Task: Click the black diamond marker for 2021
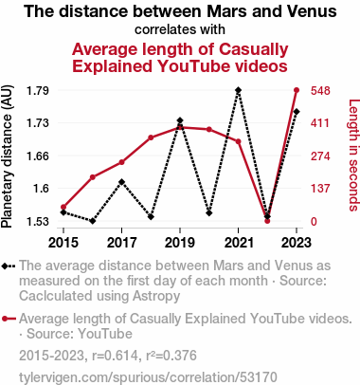click(238, 90)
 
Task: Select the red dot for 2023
click(297, 90)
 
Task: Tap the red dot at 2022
click(267, 221)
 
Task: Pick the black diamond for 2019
click(180, 120)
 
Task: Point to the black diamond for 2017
click(121, 182)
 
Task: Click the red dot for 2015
click(63, 207)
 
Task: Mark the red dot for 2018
click(151, 137)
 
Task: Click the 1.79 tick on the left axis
click(38, 91)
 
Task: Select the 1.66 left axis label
click(38, 156)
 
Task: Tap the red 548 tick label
click(320, 91)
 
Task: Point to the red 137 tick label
click(320, 189)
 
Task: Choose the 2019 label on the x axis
click(180, 243)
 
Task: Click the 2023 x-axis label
click(297, 243)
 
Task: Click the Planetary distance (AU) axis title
click(7, 156)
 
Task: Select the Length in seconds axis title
click(353, 155)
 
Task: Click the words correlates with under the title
click(180, 29)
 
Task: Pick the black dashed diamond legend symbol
click(9, 266)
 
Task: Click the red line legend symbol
click(9, 319)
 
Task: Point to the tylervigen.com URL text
click(148, 377)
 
